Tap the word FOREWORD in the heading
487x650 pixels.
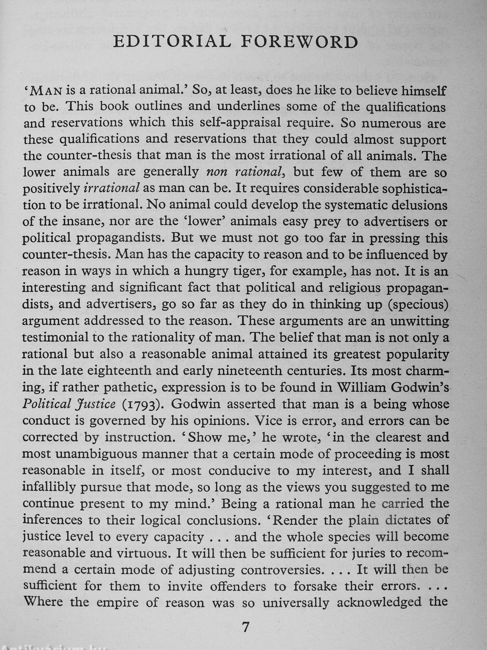point(300,42)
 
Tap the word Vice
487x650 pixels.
point(269,421)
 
